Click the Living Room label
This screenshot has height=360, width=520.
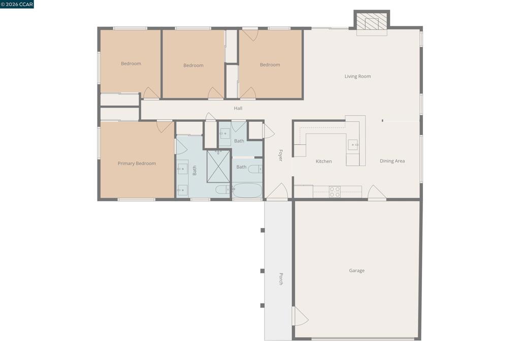(357, 76)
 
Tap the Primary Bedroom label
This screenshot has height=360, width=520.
(137, 163)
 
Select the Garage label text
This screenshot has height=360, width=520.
(356, 271)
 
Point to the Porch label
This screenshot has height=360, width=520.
(281, 279)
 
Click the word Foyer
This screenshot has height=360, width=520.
(280, 155)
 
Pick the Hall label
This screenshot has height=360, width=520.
(238, 108)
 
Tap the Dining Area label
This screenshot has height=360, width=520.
(392, 161)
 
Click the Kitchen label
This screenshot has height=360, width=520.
(323, 161)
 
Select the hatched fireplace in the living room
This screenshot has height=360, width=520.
(372, 21)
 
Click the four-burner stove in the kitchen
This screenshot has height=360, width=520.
(335, 191)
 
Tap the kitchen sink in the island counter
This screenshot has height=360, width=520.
(352, 145)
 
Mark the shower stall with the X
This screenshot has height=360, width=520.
(218, 167)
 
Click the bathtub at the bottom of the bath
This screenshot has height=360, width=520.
(247, 190)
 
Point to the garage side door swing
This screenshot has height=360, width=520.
(300, 316)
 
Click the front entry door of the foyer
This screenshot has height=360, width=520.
(277, 192)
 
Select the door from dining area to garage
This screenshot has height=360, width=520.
(377, 192)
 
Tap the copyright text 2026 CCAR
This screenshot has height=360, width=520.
(17, 4)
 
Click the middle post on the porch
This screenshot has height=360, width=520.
(263, 271)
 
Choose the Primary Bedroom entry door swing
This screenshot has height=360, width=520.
(165, 126)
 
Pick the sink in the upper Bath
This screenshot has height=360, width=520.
(225, 134)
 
